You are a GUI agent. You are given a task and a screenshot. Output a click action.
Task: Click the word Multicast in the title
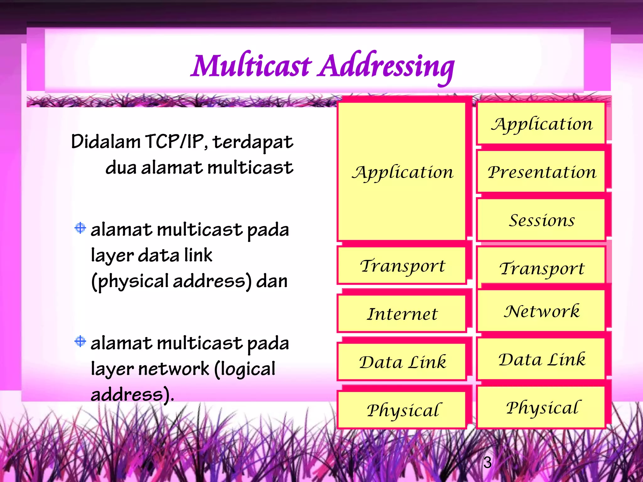251,66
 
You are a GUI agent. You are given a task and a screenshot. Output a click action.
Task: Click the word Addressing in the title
386,66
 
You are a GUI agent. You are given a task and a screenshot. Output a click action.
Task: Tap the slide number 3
487,462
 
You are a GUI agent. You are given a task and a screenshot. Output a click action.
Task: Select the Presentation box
541,172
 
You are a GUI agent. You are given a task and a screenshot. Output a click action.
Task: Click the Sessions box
541,220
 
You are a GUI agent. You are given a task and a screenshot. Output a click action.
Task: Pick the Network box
541,311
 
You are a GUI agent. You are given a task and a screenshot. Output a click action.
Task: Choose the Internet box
402,313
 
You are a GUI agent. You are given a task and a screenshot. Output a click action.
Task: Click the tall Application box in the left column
402,172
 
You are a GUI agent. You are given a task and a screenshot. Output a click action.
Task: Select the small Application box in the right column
541,123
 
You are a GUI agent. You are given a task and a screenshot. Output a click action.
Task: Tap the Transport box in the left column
402,265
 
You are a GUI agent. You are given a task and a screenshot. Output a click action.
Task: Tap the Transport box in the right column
541,268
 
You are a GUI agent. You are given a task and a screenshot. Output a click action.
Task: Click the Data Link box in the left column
402,362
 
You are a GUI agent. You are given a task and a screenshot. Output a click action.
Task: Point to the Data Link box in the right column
541,359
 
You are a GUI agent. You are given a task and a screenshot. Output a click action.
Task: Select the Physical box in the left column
402,410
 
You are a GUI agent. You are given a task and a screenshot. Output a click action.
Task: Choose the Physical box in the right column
541,407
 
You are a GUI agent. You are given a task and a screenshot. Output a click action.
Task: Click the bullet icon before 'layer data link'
80,228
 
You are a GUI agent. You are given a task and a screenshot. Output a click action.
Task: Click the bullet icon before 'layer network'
80,341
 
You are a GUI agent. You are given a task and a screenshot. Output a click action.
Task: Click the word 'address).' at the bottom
132,394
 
